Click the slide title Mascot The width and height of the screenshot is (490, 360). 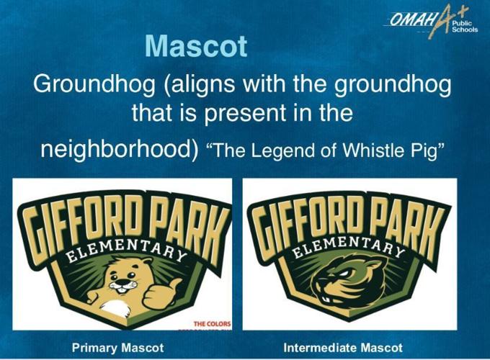[196, 46]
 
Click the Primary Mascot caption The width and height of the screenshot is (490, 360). [118, 348]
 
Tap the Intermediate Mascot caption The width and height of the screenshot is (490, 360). [343, 348]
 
